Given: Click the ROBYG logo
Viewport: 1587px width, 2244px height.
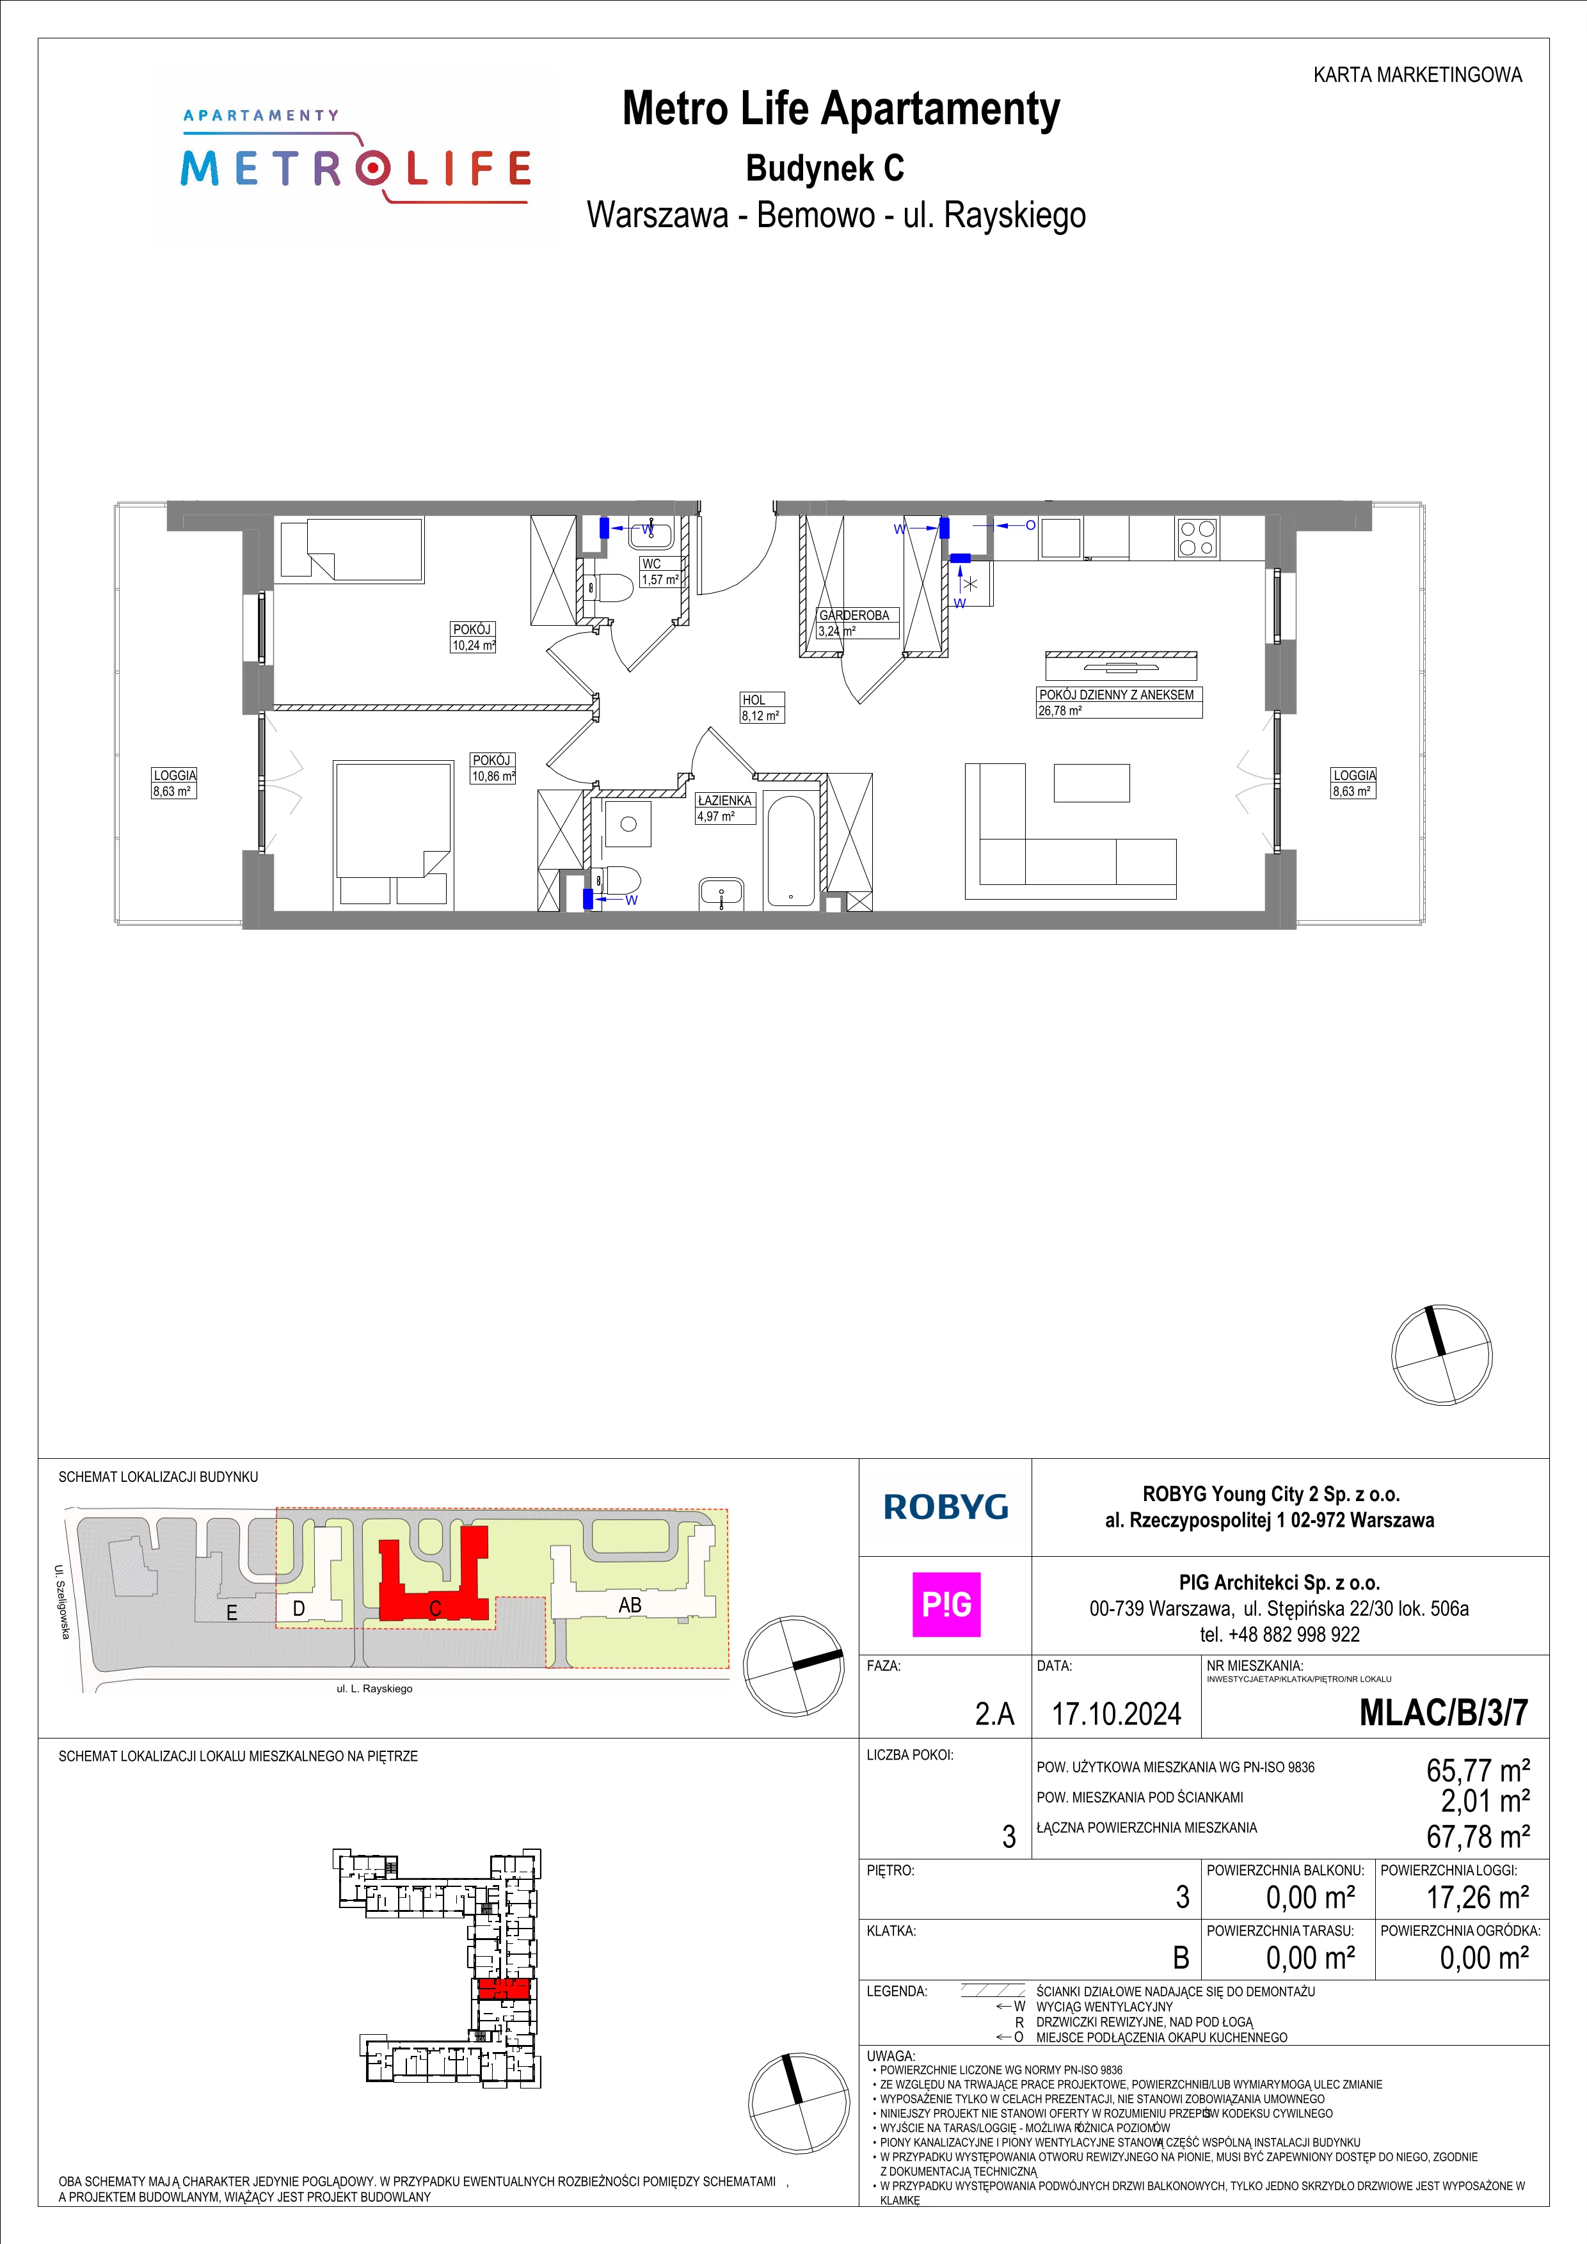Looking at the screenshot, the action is click(x=946, y=1507).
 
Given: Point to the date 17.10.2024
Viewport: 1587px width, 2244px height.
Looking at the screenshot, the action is click(x=1116, y=1714).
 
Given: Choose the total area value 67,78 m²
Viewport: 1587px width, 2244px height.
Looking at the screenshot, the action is click(x=1478, y=1836).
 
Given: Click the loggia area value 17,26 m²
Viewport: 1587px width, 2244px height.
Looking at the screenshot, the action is click(x=1478, y=1897).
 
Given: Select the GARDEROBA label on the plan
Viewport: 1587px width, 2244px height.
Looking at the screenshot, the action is click(x=854, y=615).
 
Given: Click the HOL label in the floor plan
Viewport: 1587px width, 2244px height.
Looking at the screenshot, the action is click(x=753, y=700).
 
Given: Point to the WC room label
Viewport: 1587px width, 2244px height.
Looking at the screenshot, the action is click(x=652, y=564).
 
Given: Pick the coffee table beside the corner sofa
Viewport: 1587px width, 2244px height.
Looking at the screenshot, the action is click(x=1092, y=783).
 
